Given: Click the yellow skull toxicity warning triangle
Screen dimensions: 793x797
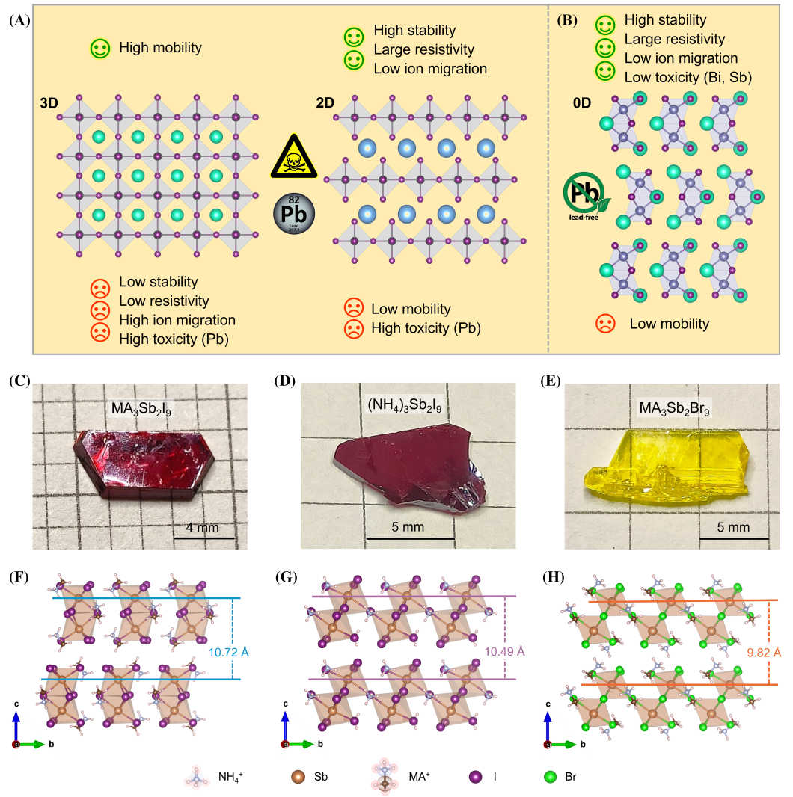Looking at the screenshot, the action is coord(294,156).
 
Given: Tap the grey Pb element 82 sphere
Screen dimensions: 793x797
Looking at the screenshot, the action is coord(294,214).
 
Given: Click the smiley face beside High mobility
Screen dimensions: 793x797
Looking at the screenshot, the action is coord(100,49).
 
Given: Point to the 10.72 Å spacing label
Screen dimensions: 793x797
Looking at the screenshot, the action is coord(228,652).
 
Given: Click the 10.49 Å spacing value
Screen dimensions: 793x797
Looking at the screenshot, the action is coord(504,652).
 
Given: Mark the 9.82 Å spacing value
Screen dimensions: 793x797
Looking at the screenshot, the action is coord(764,653).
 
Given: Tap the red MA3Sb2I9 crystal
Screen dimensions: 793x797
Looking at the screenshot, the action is coord(144,464).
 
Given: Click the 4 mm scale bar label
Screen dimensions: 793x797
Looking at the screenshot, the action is coord(203,528).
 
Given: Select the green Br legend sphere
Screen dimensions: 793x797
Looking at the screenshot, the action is coord(551,777).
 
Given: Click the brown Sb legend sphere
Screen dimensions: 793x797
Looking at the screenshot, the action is coord(298,777).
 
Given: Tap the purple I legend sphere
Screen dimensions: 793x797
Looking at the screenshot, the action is coord(476,777).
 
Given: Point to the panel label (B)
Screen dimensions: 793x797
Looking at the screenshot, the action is coord(566,20).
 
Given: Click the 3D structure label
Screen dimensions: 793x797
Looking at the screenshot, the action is coord(49,103).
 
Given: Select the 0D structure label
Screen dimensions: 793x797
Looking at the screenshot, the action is coord(582,103).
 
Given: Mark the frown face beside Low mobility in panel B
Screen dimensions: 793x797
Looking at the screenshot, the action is coord(605,324).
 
